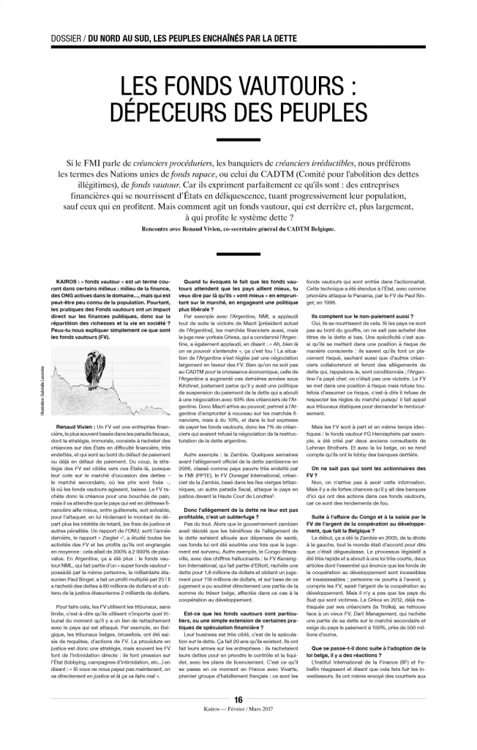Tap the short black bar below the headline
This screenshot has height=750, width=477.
[x=238, y=139]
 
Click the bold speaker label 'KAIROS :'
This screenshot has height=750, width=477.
[x=72, y=281]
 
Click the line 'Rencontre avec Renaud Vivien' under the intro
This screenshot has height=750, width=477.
[x=238, y=229]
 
